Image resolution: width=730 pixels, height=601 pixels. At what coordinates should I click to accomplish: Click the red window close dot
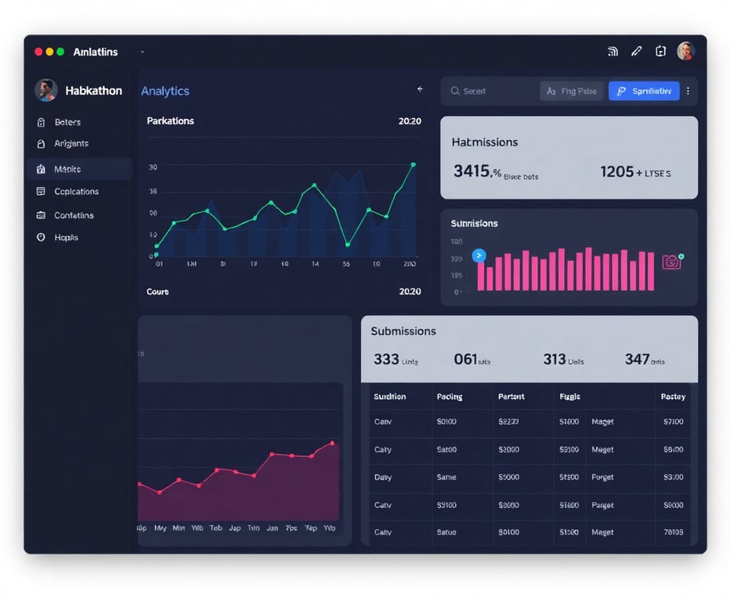[38, 52]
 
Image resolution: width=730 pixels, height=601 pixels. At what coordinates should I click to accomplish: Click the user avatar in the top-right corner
[685, 51]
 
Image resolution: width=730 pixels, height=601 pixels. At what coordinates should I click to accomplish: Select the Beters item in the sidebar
[67, 122]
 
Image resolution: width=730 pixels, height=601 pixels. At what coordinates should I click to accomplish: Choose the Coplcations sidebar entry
[76, 192]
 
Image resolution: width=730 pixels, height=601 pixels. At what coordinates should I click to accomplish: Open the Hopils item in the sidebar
[66, 237]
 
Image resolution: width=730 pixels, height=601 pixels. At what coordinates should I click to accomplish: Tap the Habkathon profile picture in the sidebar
[45, 90]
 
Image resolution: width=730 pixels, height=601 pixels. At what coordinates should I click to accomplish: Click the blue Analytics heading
[165, 91]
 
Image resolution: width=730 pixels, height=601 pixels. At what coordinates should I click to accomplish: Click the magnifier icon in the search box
[455, 92]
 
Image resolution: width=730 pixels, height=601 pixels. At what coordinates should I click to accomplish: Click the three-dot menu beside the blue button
[688, 92]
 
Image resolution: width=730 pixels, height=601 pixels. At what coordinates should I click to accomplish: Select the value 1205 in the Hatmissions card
[616, 171]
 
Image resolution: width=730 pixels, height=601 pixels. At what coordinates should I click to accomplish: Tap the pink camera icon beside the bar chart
[671, 262]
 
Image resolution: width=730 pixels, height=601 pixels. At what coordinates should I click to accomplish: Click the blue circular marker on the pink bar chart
[479, 255]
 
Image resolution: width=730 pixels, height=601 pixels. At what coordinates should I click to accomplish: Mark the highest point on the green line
[413, 164]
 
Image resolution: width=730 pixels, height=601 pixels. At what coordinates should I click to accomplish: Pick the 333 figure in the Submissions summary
[386, 359]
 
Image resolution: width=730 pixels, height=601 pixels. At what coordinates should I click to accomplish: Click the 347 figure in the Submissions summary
[637, 359]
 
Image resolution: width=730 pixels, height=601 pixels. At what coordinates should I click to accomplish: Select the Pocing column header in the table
[450, 397]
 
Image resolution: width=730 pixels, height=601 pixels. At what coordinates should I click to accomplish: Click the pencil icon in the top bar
[637, 52]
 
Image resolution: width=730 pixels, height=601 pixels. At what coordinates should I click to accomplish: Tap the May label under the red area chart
[161, 528]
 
